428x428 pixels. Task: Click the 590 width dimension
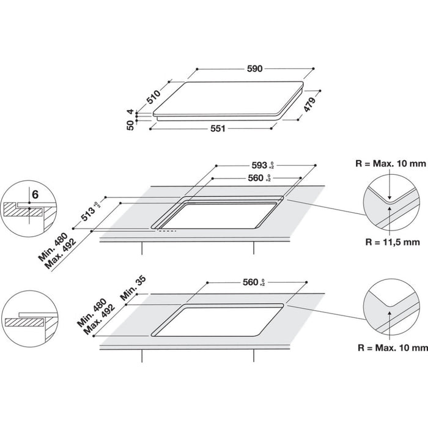tap(254, 69)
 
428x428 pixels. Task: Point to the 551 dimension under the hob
tap(219, 128)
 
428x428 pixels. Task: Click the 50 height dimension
tap(130, 125)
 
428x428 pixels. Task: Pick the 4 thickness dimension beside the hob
tap(130, 112)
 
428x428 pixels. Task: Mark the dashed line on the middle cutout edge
tap(166, 232)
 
